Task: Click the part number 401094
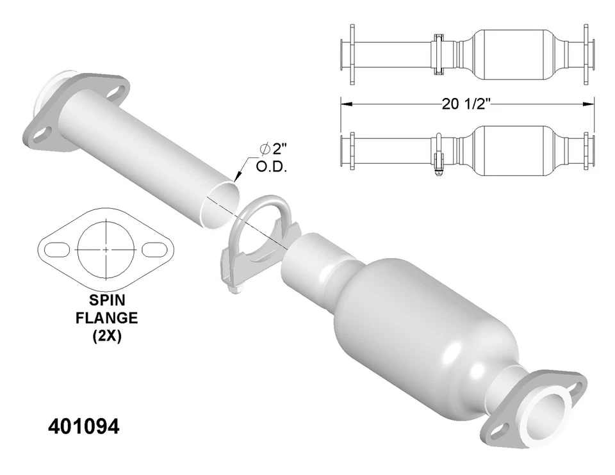pos(84,427)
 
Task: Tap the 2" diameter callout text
pos(272,150)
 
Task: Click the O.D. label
pos(272,168)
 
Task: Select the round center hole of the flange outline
pos(106,248)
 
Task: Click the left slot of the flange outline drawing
pos(56,248)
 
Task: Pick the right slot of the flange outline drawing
pos(154,248)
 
